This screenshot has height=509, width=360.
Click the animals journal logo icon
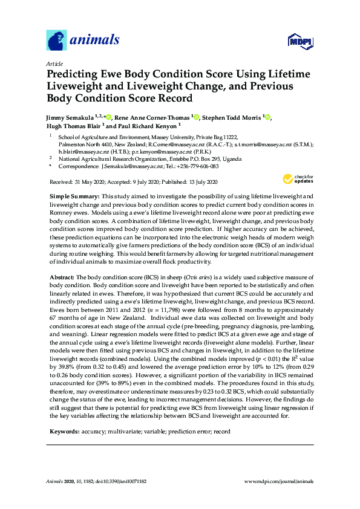56,41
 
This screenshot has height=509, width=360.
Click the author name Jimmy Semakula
71,117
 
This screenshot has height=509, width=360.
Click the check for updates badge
298,161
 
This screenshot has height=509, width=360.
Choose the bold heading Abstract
61,276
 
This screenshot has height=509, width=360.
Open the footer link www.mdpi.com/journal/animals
278,481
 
